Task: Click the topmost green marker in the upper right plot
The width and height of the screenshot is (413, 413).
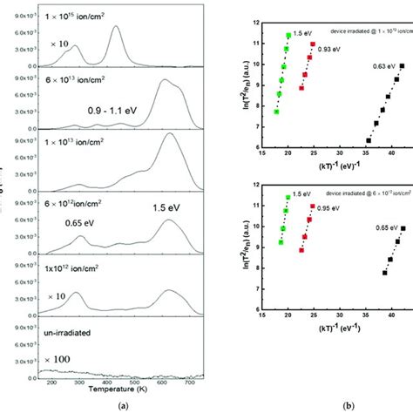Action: (288, 36)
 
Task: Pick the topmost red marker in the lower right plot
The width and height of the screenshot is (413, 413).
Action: (312, 206)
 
